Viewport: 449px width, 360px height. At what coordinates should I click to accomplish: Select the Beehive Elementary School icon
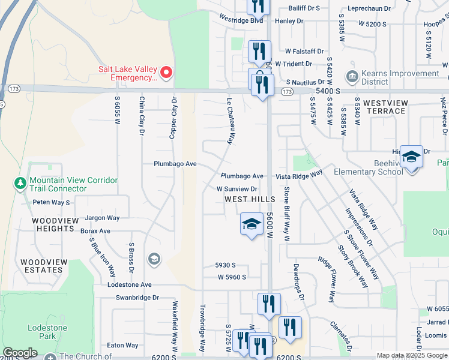coord(411,158)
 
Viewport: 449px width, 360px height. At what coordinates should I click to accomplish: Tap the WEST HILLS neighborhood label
coord(250,199)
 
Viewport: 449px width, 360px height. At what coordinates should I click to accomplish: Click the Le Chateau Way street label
coord(229,121)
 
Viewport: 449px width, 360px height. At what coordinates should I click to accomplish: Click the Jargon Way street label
coord(103,218)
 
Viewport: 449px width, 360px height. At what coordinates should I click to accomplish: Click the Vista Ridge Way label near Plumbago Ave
coord(299,176)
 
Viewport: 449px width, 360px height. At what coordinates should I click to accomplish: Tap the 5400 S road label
coord(328,91)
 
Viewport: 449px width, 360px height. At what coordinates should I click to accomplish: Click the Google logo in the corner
coord(20,353)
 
